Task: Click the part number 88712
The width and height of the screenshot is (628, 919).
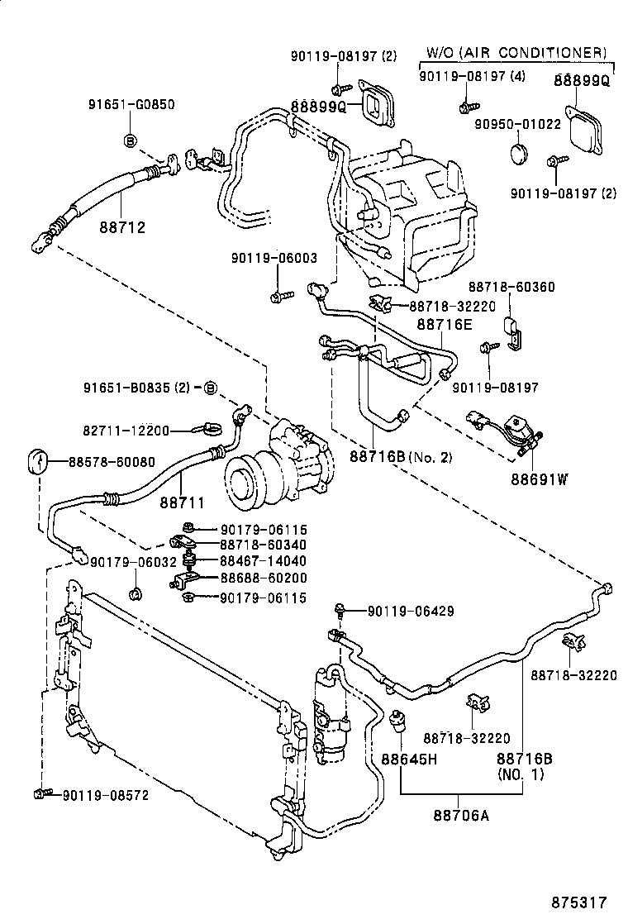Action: [121, 226]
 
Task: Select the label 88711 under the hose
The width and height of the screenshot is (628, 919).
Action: [182, 502]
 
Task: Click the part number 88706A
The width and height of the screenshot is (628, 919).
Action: [460, 817]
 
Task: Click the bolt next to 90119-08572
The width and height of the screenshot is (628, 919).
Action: [39, 794]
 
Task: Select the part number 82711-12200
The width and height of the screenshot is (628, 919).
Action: [126, 431]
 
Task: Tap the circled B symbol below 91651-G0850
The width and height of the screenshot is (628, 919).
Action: [131, 140]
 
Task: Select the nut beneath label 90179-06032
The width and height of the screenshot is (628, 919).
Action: [135, 593]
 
